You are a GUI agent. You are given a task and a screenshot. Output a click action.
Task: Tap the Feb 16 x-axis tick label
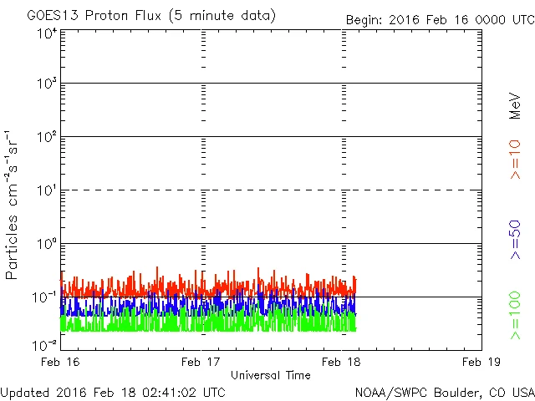[x=62, y=361]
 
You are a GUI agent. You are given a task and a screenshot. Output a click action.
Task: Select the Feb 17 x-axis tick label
[x=202, y=361]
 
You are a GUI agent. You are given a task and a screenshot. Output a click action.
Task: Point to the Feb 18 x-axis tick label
[x=341, y=361]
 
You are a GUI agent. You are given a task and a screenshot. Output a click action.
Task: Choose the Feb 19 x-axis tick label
[x=480, y=361]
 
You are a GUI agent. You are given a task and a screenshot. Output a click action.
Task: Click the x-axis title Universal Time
[x=270, y=374]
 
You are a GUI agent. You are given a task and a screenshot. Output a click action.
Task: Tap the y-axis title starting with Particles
[x=13, y=205]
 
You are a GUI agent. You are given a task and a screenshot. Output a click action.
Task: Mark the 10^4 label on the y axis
[x=47, y=33]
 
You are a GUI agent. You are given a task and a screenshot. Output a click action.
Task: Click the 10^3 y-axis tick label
[x=47, y=84]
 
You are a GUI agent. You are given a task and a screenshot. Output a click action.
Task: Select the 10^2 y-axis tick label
[x=47, y=138]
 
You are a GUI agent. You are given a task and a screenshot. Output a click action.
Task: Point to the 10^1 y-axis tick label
[x=47, y=191]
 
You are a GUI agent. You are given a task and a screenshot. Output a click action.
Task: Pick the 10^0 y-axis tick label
[x=47, y=245]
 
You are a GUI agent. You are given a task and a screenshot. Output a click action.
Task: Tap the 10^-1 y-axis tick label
[x=45, y=298]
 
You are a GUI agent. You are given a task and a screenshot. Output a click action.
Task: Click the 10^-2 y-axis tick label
[x=45, y=345]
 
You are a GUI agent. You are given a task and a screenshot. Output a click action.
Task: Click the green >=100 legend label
[x=515, y=315]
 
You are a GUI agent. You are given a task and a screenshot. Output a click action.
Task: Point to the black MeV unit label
[x=515, y=105]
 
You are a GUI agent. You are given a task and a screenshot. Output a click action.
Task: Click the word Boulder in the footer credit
[x=456, y=391]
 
